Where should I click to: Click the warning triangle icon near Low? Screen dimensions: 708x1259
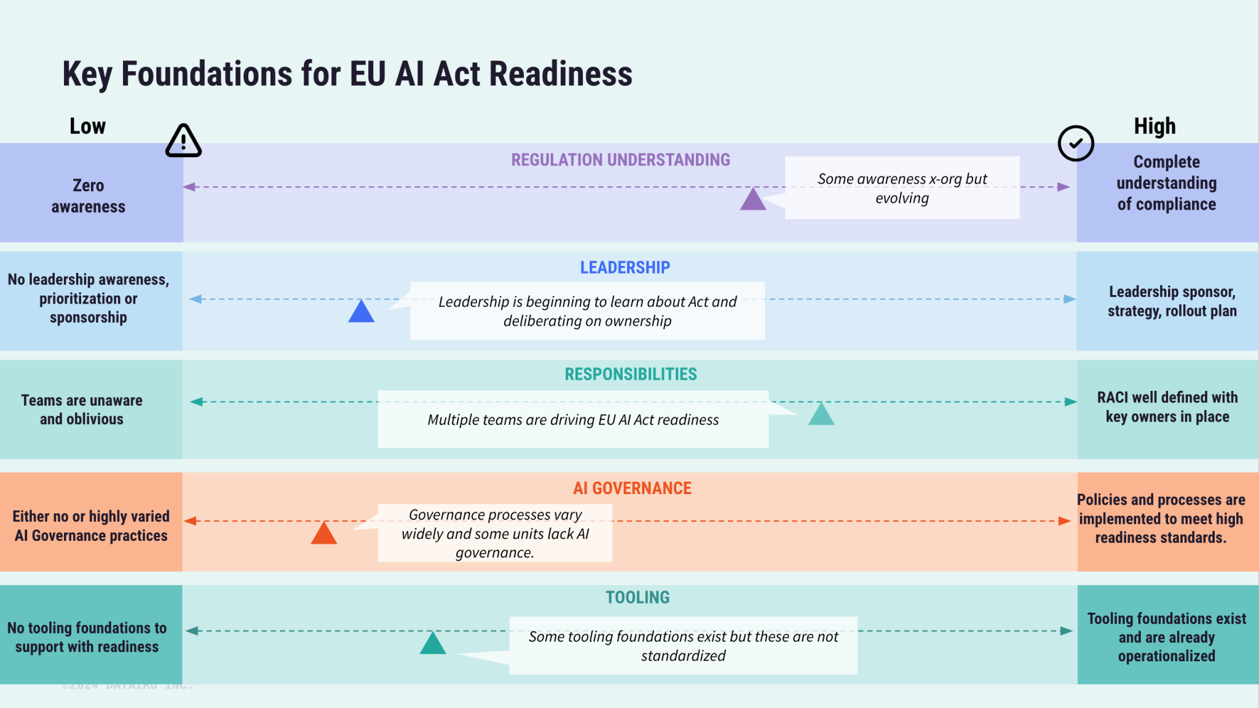(x=183, y=141)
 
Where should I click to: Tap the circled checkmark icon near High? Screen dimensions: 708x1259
(x=1075, y=143)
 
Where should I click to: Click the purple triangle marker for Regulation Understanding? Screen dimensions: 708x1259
(x=752, y=200)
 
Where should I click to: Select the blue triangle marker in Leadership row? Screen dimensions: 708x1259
(x=361, y=312)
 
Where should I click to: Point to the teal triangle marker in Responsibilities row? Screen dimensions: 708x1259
(x=821, y=415)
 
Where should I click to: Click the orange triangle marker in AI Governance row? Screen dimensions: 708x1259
(x=323, y=534)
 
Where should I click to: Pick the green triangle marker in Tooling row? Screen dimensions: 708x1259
(x=433, y=644)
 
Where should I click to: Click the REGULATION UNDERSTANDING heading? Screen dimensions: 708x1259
(x=620, y=160)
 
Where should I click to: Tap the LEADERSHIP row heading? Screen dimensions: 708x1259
(x=625, y=267)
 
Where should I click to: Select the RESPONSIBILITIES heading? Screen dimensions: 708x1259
(x=631, y=374)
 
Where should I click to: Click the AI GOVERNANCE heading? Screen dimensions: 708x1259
(x=632, y=488)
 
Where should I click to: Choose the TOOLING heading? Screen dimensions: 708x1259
(x=637, y=597)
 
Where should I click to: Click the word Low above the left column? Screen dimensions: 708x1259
(x=87, y=126)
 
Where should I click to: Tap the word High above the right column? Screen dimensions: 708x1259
(x=1154, y=126)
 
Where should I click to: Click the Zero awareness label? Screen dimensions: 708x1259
(x=89, y=195)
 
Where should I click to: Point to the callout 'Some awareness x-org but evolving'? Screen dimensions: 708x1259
(x=902, y=188)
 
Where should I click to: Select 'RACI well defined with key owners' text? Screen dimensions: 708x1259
(x=1167, y=407)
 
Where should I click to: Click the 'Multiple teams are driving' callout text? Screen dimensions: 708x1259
(x=573, y=420)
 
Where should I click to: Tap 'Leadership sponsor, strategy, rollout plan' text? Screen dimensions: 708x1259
(x=1172, y=301)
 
